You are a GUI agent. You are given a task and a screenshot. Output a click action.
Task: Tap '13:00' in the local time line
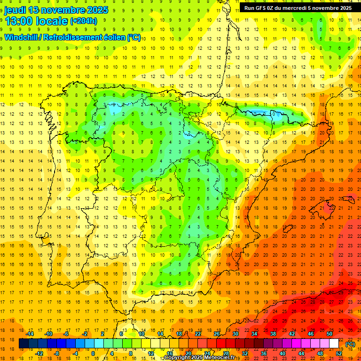pyautogui.click(x=19, y=21)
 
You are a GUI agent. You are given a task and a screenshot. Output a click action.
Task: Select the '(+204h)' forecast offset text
pyautogui.click(x=83, y=21)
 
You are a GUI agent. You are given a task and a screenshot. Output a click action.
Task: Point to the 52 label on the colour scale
pyautogui.click(x=339, y=353)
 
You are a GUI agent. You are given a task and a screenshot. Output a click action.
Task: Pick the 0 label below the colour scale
pyautogui.click(x=93, y=353)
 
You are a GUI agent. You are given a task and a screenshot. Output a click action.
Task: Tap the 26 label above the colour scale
pyautogui.click(x=217, y=334)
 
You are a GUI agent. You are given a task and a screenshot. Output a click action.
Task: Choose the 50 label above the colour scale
pyautogui.click(x=330, y=334)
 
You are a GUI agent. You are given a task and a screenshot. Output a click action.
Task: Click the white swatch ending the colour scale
pyautogui.click(x=334, y=344)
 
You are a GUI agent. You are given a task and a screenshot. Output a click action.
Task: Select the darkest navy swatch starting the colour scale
pyautogui.click(x=24, y=344)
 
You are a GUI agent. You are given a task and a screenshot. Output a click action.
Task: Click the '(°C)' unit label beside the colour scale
pyautogui.click(x=350, y=344)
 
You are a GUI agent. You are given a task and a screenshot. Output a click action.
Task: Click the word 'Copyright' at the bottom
pyautogui.click(x=180, y=358)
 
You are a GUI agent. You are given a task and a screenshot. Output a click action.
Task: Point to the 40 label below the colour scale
pyautogui.click(x=283, y=353)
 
